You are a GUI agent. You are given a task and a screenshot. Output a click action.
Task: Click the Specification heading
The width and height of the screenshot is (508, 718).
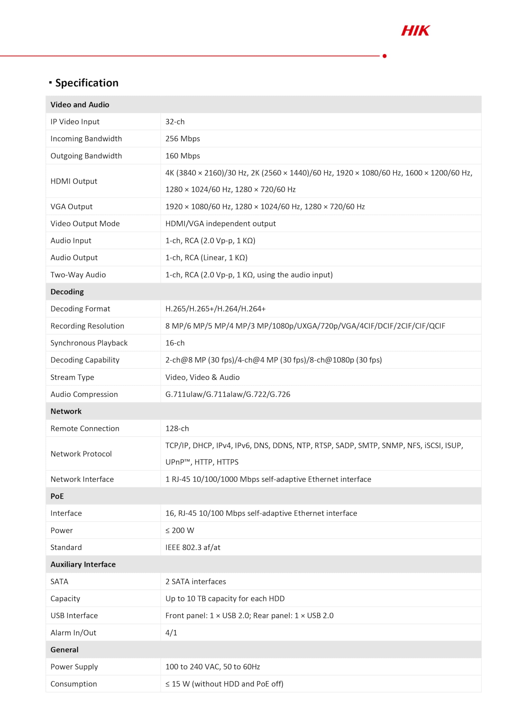click(x=87, y=83)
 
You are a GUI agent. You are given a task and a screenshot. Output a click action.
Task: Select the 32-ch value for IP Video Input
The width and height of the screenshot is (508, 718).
click(x=175, y=122)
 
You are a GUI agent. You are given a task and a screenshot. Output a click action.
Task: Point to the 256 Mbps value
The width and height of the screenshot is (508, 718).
click(x=182, y=139)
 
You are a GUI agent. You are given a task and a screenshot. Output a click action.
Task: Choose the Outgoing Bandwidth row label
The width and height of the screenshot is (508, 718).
click(x=86, y=156)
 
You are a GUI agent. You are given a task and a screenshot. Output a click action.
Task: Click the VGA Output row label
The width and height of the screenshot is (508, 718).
click(x=71, y=206)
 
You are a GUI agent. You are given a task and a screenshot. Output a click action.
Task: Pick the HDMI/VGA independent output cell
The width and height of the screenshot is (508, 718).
click(x=220, y=224)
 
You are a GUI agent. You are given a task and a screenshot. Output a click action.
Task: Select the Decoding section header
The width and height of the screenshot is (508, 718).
click(x=67, y=292)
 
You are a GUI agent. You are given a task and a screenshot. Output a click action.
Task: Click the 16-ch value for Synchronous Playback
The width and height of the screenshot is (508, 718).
click(x=175, y=343)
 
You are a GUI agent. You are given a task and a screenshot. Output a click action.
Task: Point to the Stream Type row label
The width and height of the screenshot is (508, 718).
click(x=72, y=377)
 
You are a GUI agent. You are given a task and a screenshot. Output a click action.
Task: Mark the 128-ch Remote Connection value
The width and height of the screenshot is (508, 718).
click(x=177, y=429)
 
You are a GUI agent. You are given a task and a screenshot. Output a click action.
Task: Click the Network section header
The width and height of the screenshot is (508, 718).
click(x=66, y=411)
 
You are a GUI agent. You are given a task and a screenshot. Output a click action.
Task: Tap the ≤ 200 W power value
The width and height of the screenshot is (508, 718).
click(x=180, y=530)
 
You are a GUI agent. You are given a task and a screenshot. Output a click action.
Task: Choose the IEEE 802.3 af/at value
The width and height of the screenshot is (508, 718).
click(x=193, y=547)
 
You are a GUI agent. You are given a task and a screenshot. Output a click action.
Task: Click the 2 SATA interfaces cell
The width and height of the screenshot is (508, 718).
click(x=196, y=581)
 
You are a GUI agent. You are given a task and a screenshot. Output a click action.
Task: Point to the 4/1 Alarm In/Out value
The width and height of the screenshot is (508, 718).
click(x=171, y=633)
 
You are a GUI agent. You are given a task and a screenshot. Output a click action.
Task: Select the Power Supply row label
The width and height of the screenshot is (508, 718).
click(x=74, y=667)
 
